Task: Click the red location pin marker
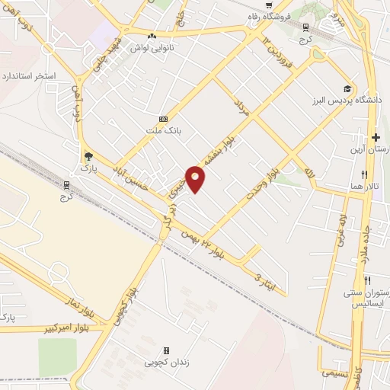[x=196, y=178]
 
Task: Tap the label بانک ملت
[x=163, y=131]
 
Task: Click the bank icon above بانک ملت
[x=163, y=120]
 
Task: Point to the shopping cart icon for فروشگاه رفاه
[x=268, y=5]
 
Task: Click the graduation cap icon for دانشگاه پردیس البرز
[x=347, y=89]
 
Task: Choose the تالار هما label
[x=376, y=187]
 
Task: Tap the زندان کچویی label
[x=165, y=363]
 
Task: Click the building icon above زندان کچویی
[x=166, y=350]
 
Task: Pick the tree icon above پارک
[x=88, y=155]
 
